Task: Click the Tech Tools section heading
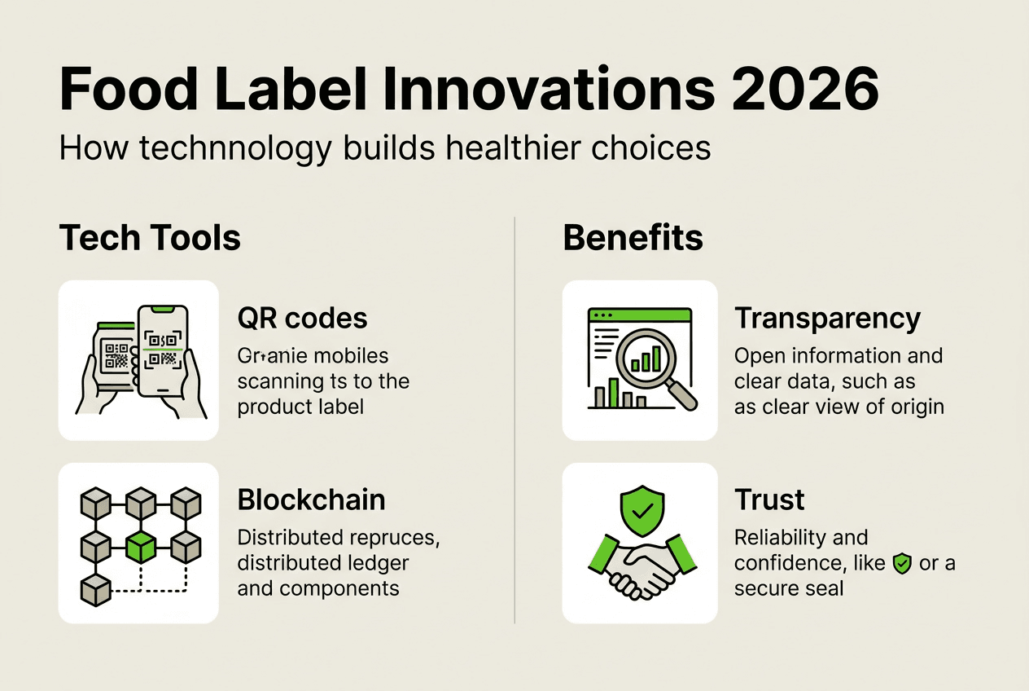tap(150, 238)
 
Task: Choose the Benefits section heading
tap(633, 238)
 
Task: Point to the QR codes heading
tap(302, 319)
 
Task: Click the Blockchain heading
tap(311, 500)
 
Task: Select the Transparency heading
tap(827, 319)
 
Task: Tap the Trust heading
tap(769, 500)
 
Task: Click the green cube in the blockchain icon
tap(142, 548)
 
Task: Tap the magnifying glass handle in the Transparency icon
tap(682, 397)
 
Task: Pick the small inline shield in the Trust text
tap(902, 563)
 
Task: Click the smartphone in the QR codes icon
tap(163, 350)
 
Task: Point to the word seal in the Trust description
tap(825, 588)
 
